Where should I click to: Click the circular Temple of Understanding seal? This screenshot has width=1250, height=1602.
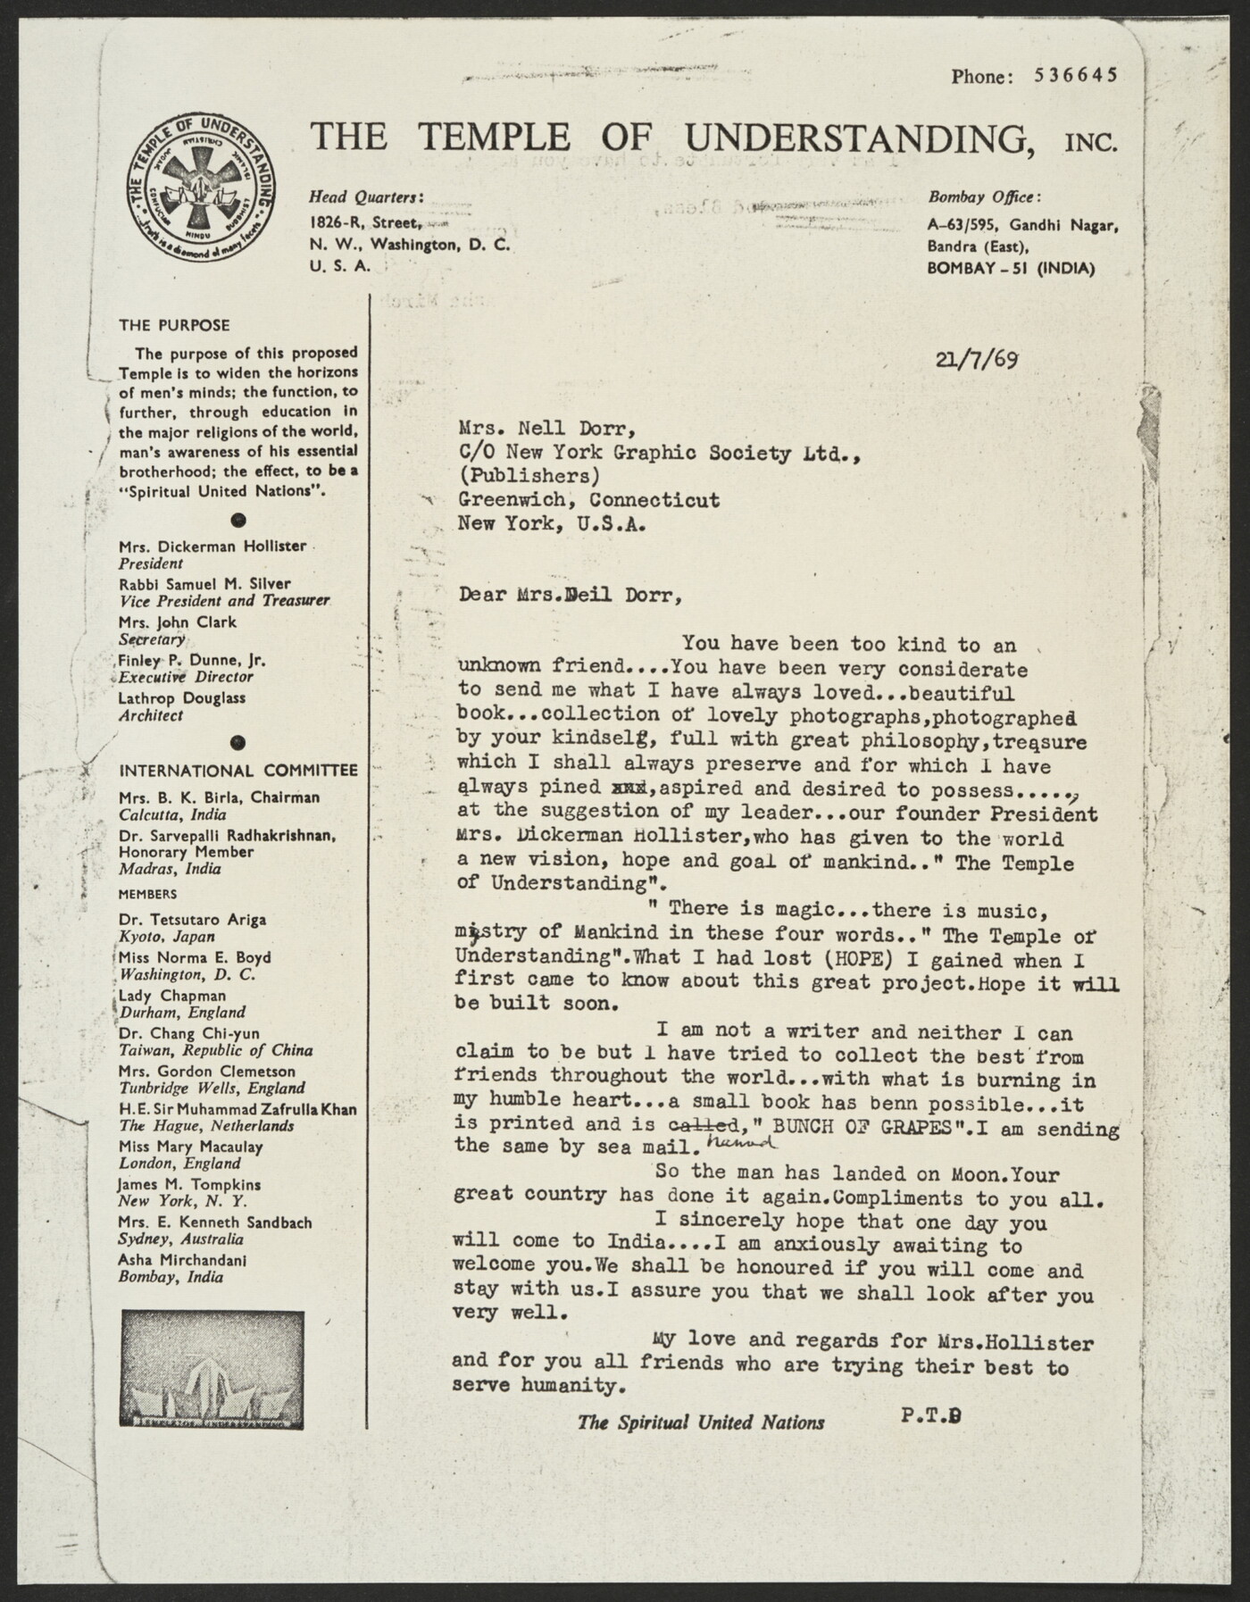pyautogui.click(x=200, y=188)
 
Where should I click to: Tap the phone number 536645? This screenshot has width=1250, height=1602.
pyautogui.click(x=1075, y=76)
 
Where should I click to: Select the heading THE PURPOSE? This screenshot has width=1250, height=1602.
pyautogui.click(x=174, y=325)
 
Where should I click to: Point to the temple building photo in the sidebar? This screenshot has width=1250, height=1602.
pyautogui.click(x=212, y=1369)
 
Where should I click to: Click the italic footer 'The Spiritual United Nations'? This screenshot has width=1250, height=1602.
pyautogui.click(x=701, y=1423)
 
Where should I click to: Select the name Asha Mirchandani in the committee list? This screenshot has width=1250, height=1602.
pyautogui.click(x=182, y=1260)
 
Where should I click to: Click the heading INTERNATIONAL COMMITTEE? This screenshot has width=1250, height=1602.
pyautogui.click(x=238, y=771)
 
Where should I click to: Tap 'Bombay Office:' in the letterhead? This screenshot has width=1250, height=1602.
pyautogui.click(x=984, y=197)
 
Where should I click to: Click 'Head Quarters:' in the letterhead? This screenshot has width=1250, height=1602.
pyautogui.click(x=366, y=197)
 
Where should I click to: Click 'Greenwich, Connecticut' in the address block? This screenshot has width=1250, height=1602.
pyautogui.click(x=588, y=500)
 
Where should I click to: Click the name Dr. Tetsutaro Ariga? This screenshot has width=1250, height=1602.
pyautogui.click(x=192, y=919)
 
